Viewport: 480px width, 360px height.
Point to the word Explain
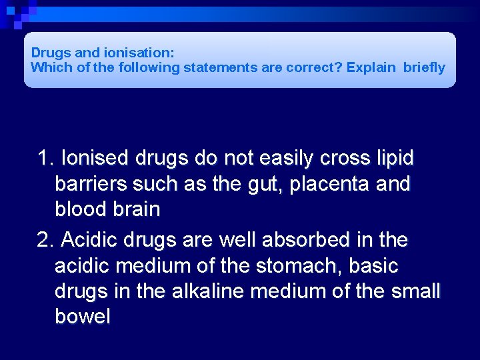(x=371, y=67)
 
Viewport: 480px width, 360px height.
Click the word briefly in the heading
(x=424, y=67)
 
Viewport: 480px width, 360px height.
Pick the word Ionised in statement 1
(x=96, y=159)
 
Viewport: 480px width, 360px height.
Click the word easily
(x=284, y=159)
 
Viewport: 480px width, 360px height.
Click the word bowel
(x=83, y=317)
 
